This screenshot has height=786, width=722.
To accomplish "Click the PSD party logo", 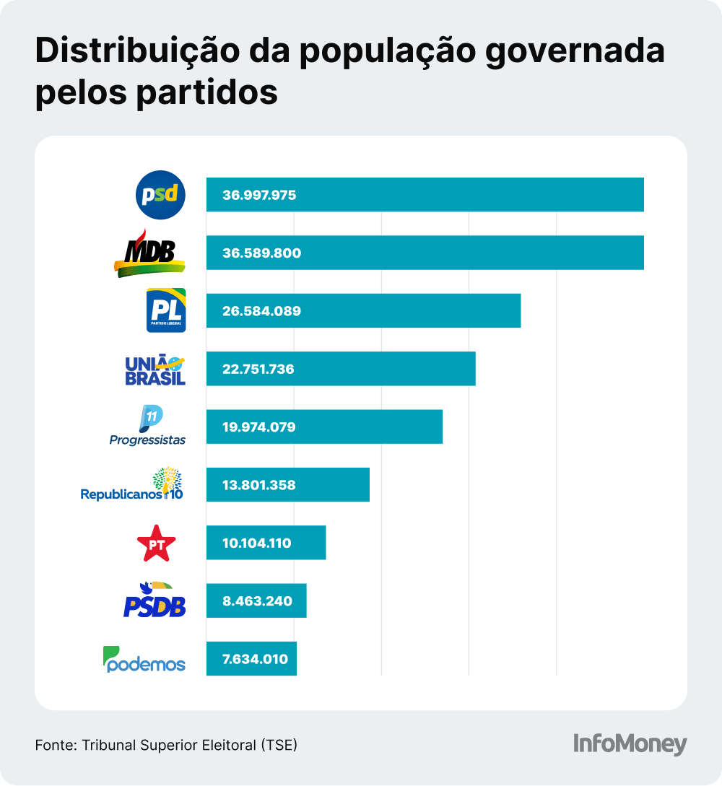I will coord(161,195).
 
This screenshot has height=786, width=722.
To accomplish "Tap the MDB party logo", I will coord(149,253).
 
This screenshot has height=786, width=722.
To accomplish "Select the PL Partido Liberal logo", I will coord(166,310).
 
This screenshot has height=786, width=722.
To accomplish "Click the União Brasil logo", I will coord(155,370).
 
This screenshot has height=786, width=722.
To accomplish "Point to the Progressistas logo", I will coord(148,427).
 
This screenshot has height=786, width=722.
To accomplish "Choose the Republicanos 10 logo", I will coord(132,485).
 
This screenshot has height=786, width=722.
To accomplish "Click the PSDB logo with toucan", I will coord(155,601).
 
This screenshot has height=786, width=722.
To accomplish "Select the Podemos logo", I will coord(144,659).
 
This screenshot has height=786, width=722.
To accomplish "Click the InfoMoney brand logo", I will coord(630,744).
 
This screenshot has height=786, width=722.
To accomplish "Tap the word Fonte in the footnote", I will coord(55,744).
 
